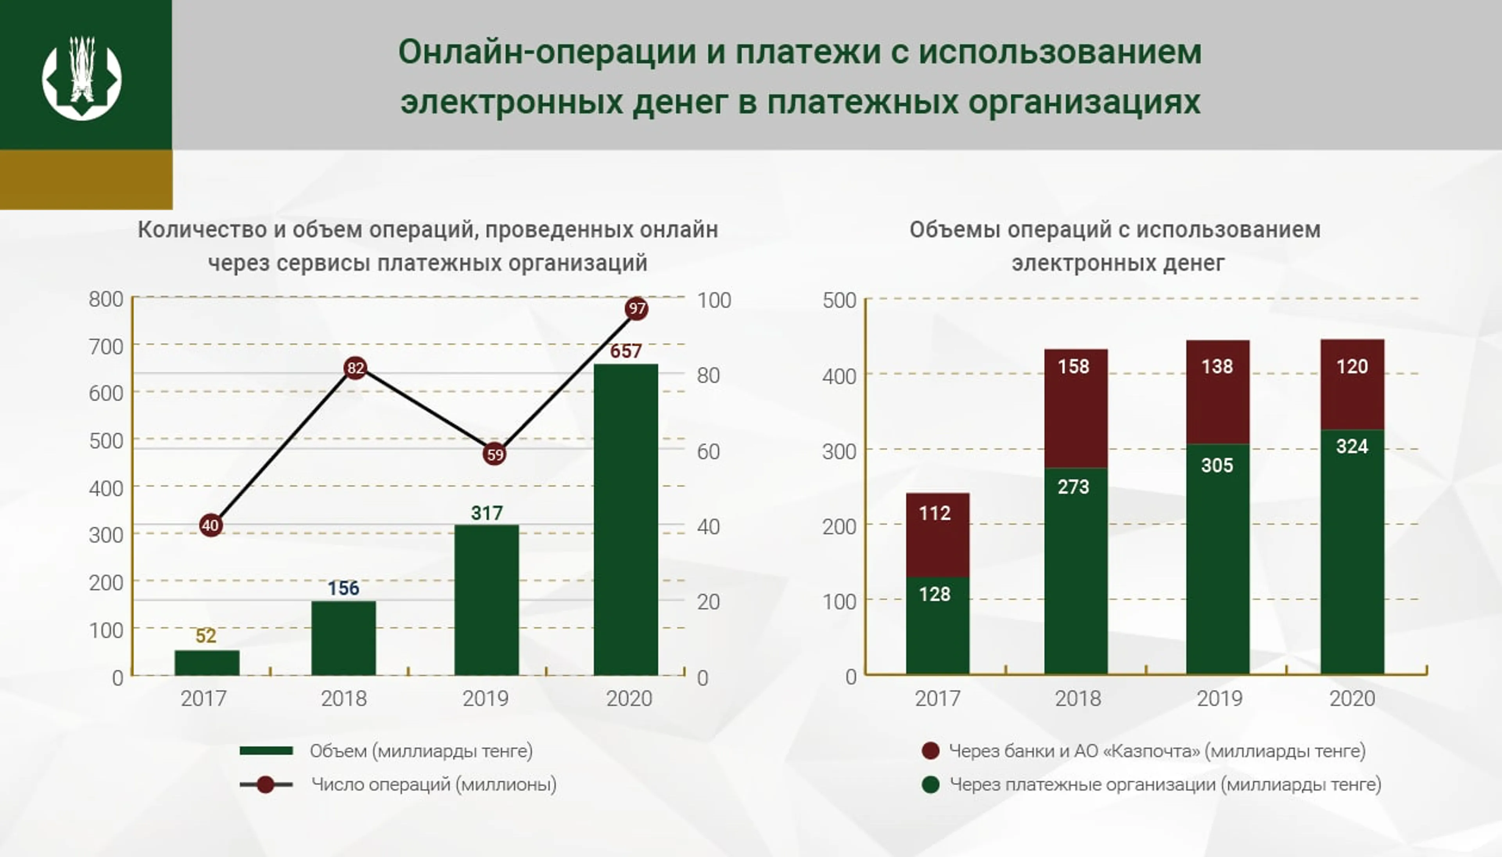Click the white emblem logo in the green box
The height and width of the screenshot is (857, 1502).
pos(82,77)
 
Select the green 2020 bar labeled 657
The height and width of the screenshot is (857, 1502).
pos(625,518)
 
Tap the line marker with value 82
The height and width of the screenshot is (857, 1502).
pos(355,368)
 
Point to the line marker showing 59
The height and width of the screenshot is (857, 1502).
pos(494,454)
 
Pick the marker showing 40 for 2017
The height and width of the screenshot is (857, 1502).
pos(210,525)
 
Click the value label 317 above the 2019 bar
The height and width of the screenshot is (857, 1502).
pos(487,513)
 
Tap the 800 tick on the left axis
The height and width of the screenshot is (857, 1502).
pos(106,299)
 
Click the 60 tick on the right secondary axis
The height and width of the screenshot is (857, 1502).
pos(708,451)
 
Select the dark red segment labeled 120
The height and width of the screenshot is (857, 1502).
pos(1352,384)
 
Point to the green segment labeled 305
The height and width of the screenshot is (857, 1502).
pos(1217,558)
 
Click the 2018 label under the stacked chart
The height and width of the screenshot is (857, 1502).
pos(1077,698)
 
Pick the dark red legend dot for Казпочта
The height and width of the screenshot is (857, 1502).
pos(930,751)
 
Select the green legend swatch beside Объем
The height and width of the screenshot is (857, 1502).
pos(266,751)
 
